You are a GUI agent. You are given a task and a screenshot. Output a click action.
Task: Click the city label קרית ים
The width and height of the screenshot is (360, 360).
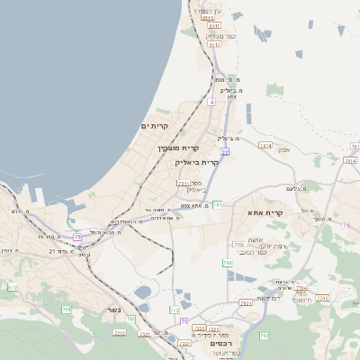[155, 126]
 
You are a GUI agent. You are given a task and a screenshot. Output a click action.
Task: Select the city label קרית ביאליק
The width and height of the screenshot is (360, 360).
[197, 163]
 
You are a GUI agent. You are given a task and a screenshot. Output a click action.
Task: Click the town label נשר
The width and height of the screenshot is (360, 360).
[113, 310]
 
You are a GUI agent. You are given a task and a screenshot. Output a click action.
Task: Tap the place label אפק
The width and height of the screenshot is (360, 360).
[283, 148]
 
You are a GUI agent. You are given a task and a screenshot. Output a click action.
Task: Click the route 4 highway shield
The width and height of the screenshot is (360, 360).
[211, 102]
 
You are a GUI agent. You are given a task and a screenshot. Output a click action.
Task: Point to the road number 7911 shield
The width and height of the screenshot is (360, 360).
[183, 183]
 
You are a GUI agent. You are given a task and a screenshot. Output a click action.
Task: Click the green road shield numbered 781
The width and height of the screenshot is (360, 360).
[218, 205]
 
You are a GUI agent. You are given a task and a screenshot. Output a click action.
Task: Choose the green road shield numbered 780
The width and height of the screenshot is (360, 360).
[228, 263]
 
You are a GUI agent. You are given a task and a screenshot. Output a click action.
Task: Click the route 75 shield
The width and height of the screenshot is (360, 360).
[77, 237]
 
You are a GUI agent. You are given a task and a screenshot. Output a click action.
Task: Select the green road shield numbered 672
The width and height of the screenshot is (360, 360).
[13, 287]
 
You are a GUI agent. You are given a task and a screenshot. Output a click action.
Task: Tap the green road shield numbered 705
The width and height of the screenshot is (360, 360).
[67, 309]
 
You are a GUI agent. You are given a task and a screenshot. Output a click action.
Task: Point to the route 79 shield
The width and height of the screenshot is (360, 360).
[346, 226]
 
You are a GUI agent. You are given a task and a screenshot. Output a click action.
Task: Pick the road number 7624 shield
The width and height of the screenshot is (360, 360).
[246, 302]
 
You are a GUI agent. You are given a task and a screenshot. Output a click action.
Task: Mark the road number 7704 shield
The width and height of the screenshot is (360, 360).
[322, 297]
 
